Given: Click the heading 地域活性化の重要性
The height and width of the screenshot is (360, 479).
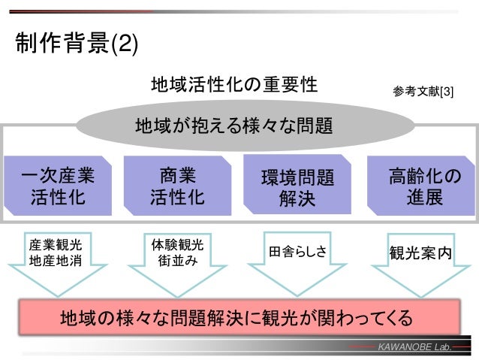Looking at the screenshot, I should (233, 83).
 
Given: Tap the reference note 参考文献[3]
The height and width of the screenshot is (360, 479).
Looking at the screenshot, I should (423, 91).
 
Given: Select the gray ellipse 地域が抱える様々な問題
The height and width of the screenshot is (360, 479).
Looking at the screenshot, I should (233, 125).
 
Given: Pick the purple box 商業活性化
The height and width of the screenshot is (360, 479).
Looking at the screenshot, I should (177, 186).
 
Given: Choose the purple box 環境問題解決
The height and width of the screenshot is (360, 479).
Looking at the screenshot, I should (298, 187).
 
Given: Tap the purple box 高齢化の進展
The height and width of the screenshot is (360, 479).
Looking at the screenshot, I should (417, 186).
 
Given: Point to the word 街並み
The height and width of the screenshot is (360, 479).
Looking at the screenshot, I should (177, 261).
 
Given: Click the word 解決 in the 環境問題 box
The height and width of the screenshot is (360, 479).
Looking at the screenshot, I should (298, 200).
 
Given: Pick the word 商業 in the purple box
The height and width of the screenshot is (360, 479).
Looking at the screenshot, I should (177, 176).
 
